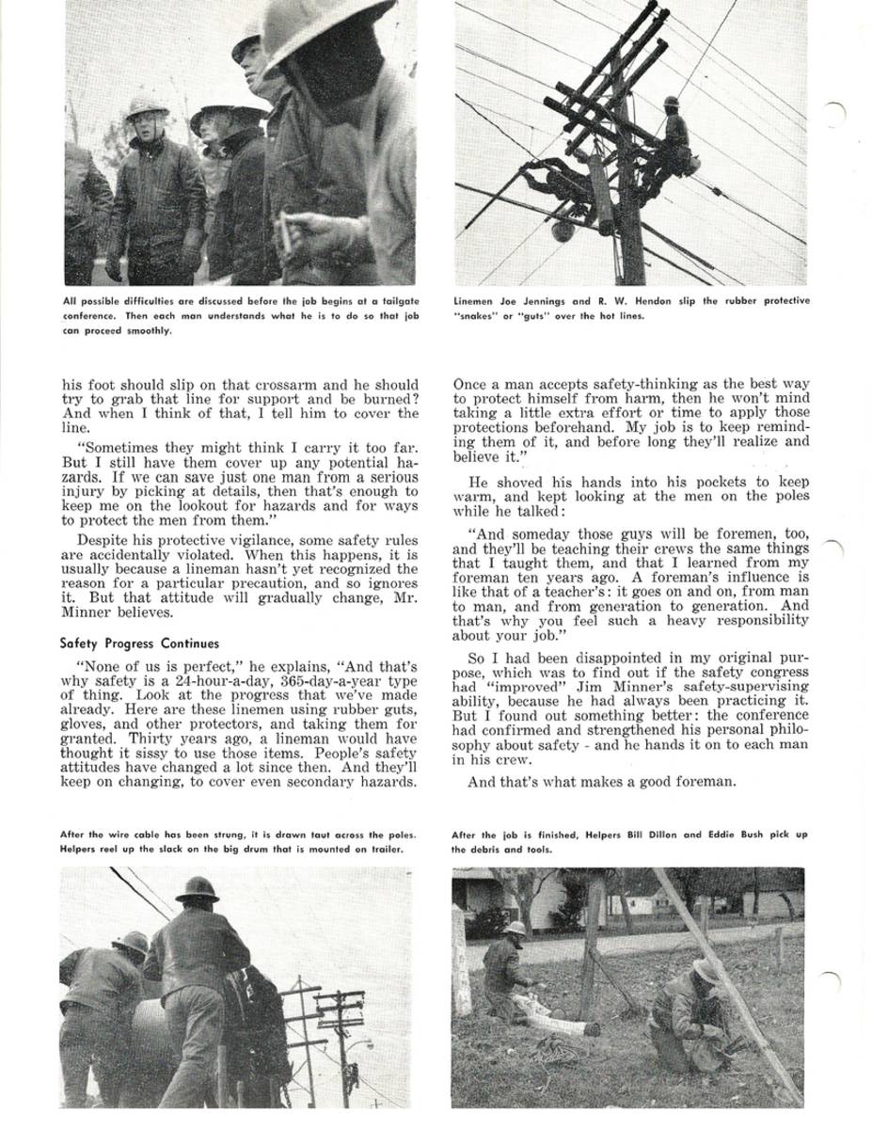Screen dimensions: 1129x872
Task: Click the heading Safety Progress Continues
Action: (139, 644)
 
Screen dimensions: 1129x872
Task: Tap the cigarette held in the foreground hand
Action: (286, 231)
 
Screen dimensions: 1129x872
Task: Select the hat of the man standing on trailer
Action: (197, 889)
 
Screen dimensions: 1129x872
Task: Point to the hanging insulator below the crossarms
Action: (563, 230)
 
